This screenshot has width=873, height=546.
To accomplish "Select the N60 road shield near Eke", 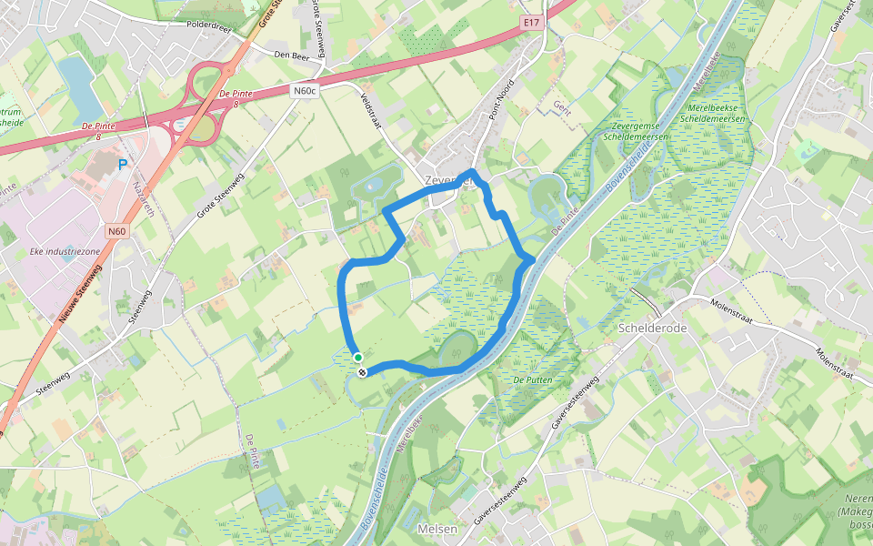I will (x=115, y=231).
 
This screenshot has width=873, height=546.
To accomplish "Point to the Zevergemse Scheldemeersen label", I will (x=637, y=131).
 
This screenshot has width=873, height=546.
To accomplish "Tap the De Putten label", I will (x=532, y=379).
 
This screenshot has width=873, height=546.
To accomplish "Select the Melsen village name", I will (x=437, y=528).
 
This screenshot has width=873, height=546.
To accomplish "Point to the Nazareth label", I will (x=141, y=195).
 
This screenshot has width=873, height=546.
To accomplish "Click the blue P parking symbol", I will (x=123, y=165).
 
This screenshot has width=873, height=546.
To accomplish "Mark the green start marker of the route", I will (x=358, y=358).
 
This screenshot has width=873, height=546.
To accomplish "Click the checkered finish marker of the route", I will (x=362, y=372).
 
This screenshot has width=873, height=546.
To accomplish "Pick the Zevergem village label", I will (x=447, y=181).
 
